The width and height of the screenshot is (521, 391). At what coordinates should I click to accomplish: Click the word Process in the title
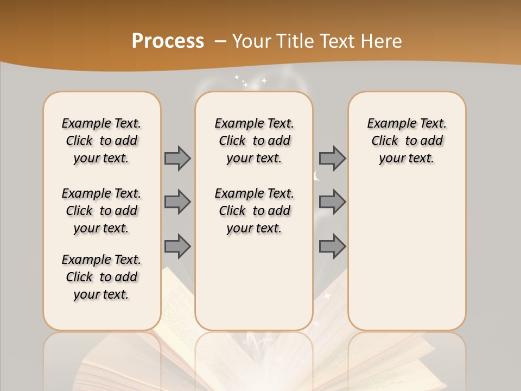coord(168,41)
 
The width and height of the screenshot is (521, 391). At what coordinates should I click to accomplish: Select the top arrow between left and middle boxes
coord(177,158)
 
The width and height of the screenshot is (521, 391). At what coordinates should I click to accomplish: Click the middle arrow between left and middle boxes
coord(177,202)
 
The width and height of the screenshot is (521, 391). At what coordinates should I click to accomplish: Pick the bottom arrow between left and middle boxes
coord(177,247)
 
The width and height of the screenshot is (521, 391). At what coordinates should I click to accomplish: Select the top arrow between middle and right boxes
coord(332,158)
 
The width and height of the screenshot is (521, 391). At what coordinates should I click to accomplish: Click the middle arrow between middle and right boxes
coord(332,202)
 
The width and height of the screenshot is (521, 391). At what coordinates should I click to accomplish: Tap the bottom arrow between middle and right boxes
coord(332,247)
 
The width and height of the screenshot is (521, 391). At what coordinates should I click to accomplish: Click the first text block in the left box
coord(101,141)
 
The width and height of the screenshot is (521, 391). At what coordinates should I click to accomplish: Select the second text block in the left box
coord(101,211)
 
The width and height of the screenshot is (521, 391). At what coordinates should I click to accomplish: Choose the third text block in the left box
coord(101,277)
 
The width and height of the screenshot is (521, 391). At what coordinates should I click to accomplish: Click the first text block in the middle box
coord(255,141)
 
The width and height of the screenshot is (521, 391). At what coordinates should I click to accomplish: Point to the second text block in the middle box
coord(255,211)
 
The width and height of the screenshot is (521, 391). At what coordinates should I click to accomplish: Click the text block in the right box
coord(407,141)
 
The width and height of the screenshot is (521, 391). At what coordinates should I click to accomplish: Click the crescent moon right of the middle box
coord(317,176)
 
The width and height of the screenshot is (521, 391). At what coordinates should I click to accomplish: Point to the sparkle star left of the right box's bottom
coord(327,296)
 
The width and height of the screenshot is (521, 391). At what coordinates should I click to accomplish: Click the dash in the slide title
coord(221,41)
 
